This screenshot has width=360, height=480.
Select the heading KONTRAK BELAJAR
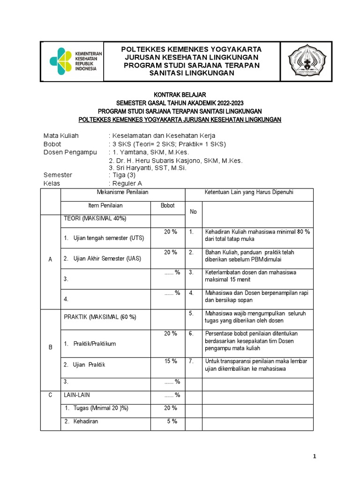coord(180,95)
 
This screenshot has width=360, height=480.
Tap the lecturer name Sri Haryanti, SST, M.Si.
coord(148,168)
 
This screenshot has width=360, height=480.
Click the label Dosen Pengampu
coord(70,152)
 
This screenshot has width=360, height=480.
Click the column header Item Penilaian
coord(105,206)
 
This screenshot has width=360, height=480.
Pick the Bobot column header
coord(168,206)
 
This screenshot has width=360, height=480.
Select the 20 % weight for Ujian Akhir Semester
coord(171,252)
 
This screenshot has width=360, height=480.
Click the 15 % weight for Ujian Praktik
coord(171,361)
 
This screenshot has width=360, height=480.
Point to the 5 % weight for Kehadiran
coord(172,421)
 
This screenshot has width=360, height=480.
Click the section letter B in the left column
coord(50,347)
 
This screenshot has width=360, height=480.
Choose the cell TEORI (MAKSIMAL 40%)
coord(95,218)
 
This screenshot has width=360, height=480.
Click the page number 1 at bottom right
coord(315,457)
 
